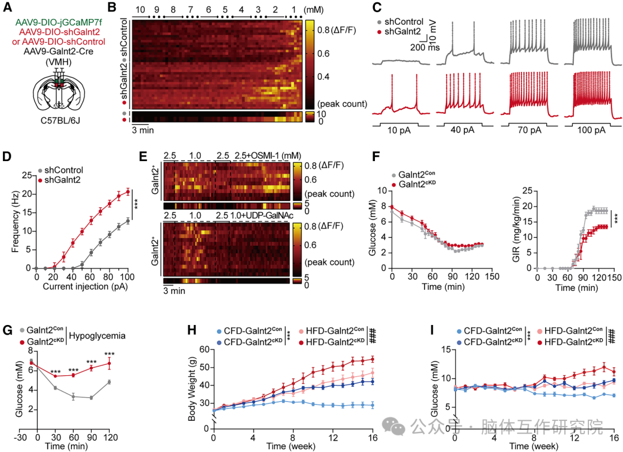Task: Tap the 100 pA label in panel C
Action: click(x=593, y=131)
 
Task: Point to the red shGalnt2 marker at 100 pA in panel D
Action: click(x=127, y=192)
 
